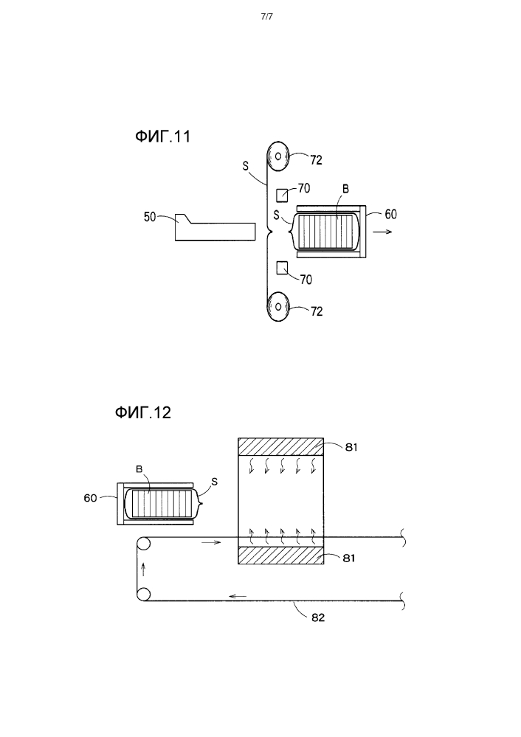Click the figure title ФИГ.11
(x=162, y=136)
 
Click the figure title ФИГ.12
(x=143, y=412)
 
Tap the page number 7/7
(x=266, y=17)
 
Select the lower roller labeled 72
(x=277, y=306)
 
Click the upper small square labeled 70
(x=282, y=195)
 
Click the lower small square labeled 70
(x=282, y=268)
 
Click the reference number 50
(x=150, y=217)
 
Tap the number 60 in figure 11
(x=391, y=215)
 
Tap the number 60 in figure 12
(x=90, y=498)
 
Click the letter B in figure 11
(x=345, y=189)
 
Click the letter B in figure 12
(x=139, y=468)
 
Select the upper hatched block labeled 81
(x=280, y=446)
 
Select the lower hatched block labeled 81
(x=280, y=555)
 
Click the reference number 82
(x=318, y=617)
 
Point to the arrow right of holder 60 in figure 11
(x=383, y=232)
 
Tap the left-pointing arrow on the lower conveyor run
(x=238, y=597)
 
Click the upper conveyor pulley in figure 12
(x=143, y=544)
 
